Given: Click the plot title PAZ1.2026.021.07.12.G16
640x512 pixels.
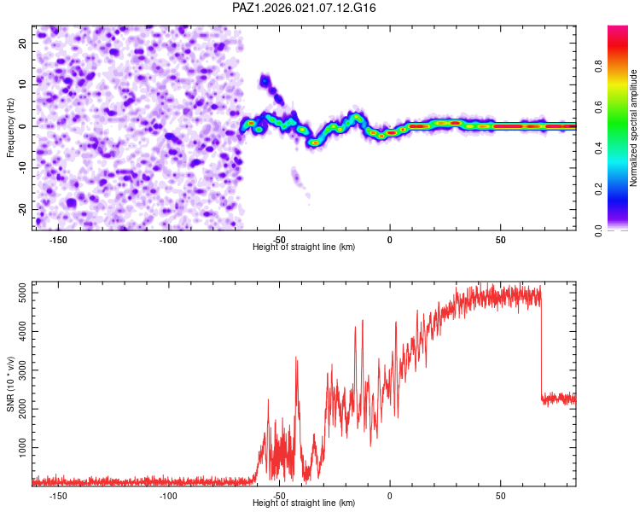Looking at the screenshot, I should [305, 8].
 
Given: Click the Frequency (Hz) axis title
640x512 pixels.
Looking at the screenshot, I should [10, 128].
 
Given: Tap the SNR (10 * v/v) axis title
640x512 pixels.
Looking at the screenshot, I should [10, 383].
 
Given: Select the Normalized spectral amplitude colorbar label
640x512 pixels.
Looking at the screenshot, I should [634, 128].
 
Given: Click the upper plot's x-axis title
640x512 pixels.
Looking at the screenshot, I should [305, 247].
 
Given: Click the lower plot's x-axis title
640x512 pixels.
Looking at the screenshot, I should [305, 503].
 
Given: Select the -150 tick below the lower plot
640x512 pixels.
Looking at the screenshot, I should [58, 495].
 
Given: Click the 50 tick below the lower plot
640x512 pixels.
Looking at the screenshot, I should [501, 495].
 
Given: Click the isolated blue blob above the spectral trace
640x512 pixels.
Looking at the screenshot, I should [265, 82].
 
